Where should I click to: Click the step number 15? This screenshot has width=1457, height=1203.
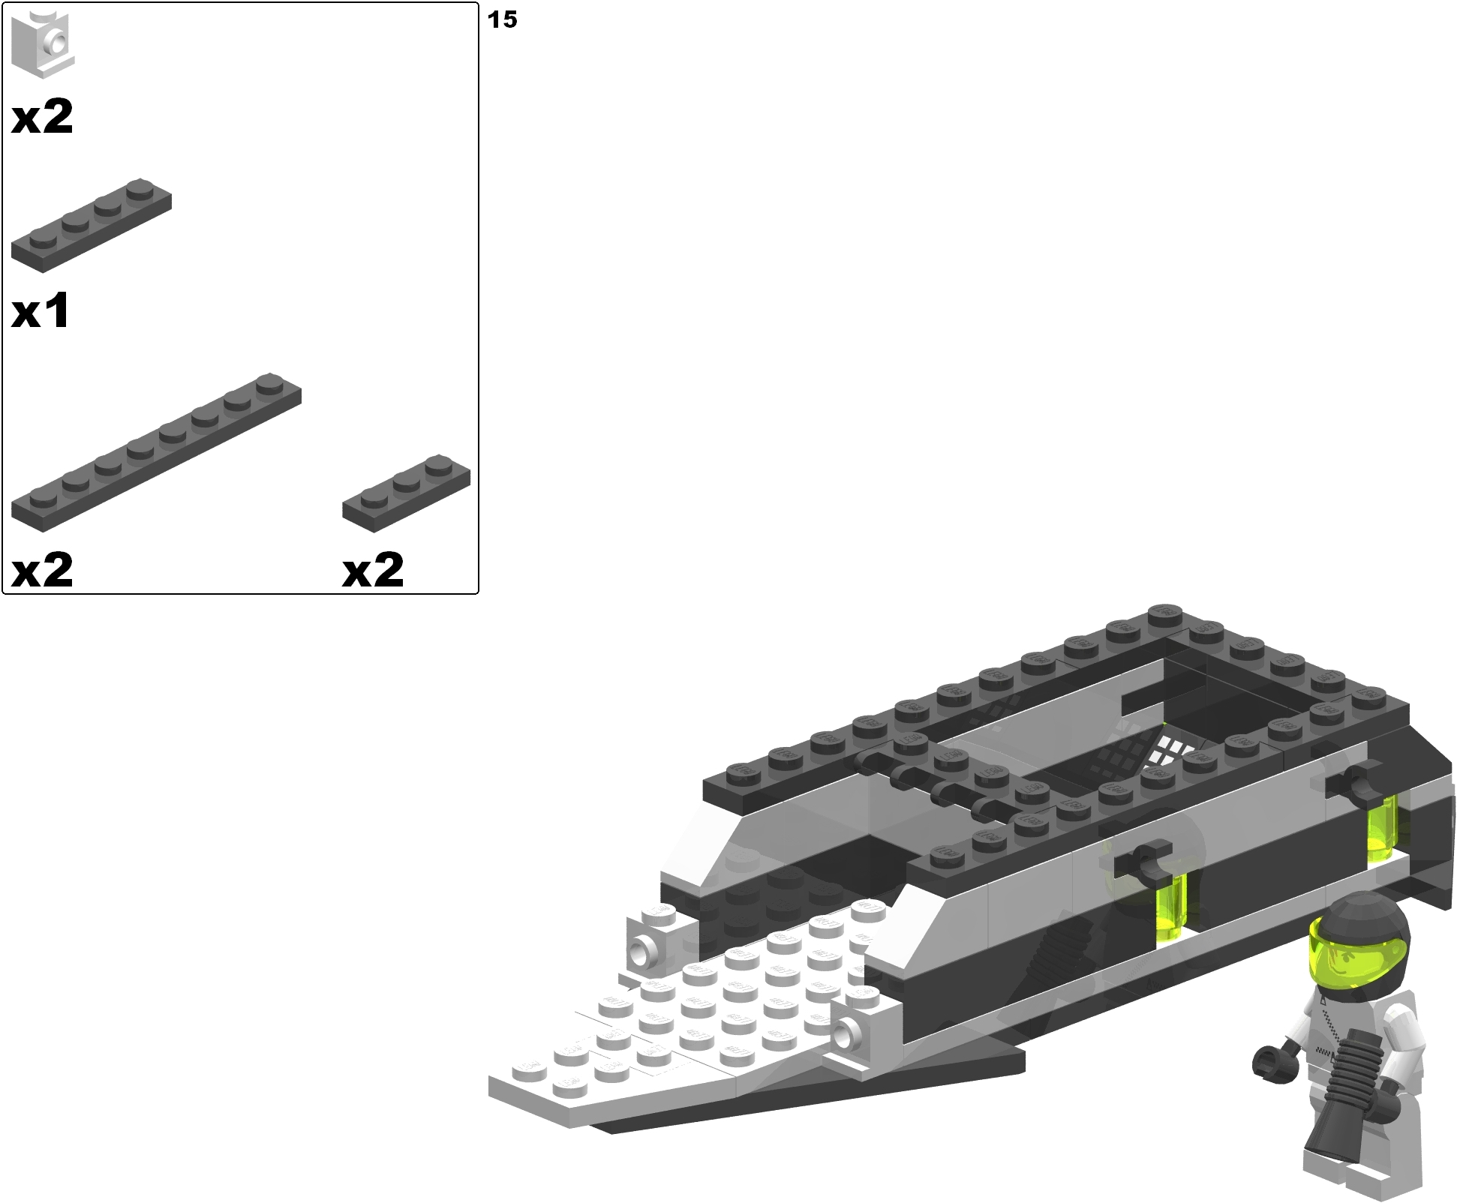(502, 19)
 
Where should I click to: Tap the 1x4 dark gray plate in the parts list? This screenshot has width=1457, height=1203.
(91, 225)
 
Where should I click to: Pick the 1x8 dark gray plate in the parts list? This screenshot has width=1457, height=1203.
(156, 451)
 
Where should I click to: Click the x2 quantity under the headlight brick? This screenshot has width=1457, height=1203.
(42, 117)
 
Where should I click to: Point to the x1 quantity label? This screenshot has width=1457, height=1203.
(41, 310)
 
